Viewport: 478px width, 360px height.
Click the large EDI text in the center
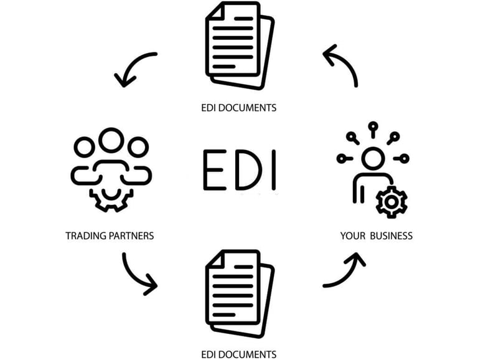[x=240, y=169]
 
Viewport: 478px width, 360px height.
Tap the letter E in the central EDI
[x=214, y=169]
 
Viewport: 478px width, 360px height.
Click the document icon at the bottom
[x=239, y=293]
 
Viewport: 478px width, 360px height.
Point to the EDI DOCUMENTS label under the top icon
[x=239, y=108]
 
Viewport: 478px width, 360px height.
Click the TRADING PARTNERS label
[x=110, y=236]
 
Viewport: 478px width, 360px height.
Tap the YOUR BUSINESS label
[x=376, y=236]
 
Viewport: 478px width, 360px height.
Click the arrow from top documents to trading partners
[x=134, y=67]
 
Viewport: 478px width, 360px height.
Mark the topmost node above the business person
[x=372, y=126]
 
